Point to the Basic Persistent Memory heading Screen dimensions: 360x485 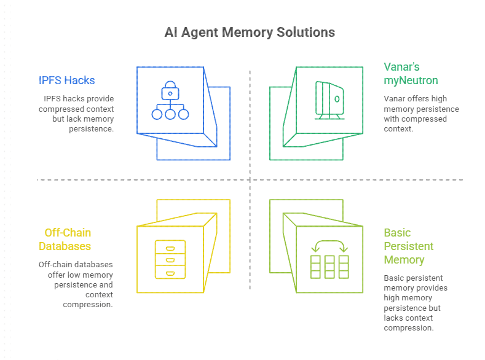coord(408,246)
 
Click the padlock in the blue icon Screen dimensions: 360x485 coord(169,93)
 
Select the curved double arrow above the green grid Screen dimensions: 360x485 coord(329,246)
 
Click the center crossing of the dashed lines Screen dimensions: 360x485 coord(250,180)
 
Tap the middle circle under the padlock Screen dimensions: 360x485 coord(169,114)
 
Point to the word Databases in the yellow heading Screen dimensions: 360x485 coord(65,246)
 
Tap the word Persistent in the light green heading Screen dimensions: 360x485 coord(408,246)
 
